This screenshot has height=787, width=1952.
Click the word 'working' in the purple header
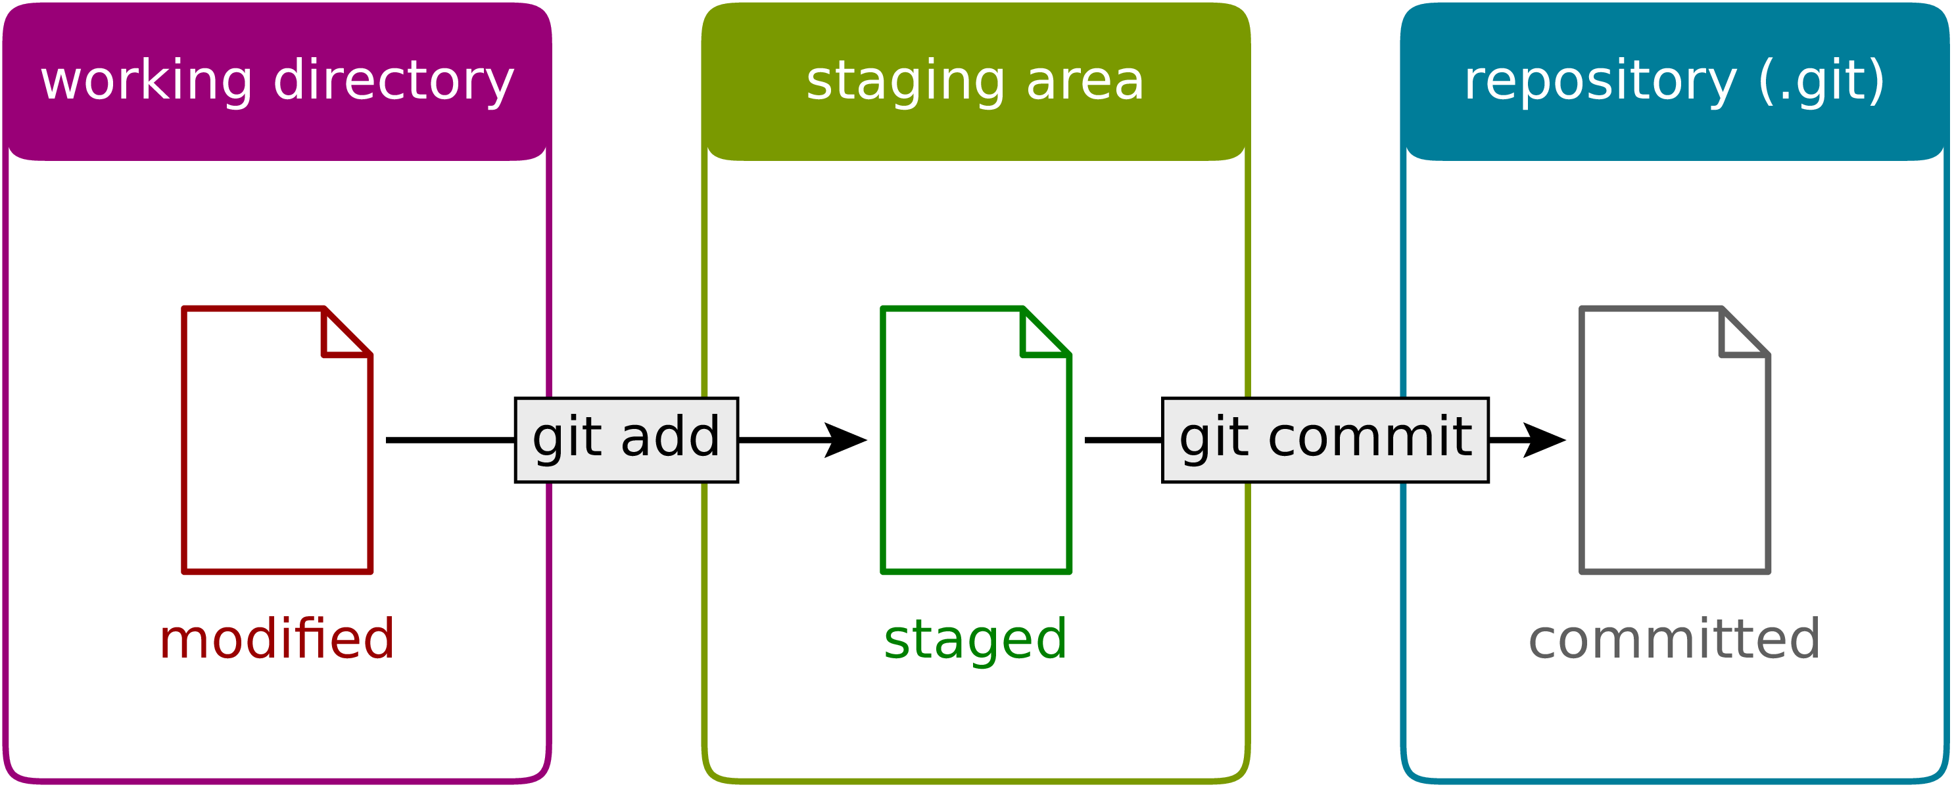[146, 81]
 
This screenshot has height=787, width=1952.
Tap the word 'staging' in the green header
[905, 81]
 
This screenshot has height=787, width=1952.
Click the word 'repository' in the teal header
[1600, 81]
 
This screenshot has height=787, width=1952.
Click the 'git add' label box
[626, 439]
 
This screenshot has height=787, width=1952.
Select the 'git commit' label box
[1325, 439]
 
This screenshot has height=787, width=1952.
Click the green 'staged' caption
[975, 640]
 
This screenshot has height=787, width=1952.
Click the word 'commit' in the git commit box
[1369, 438]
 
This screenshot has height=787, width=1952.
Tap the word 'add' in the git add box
[670, 438]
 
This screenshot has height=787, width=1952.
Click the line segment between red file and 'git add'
[450, 439]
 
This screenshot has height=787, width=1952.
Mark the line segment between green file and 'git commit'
[1123, 439]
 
